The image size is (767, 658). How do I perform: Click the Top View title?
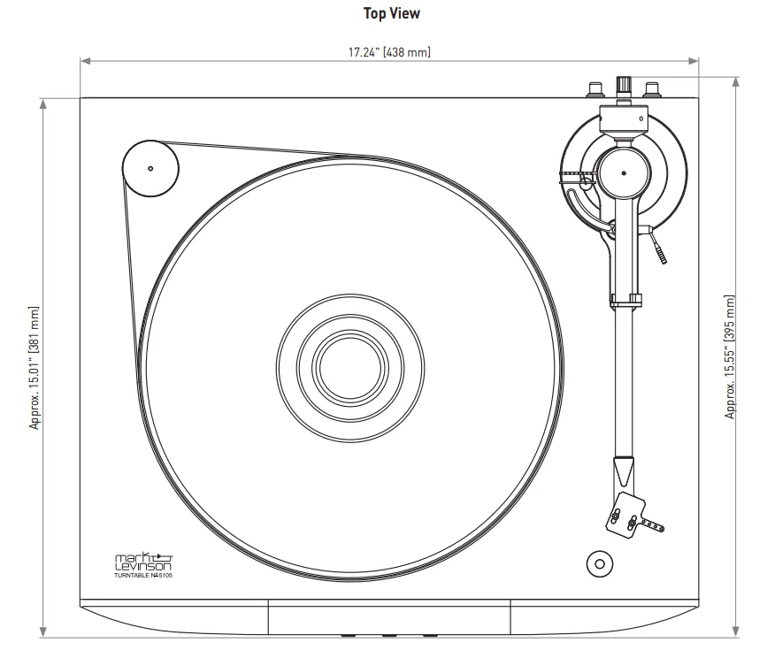click(391, 13)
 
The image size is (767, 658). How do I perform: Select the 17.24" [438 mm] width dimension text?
click(389, 52)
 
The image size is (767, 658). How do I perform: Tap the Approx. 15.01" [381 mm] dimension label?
click(35, 367)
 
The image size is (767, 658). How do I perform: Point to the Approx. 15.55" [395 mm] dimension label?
click(730, 357)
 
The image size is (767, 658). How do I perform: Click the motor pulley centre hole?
click(150, 168)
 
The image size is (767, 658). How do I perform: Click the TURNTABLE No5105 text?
click(142, 576)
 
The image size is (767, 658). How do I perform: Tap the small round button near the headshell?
click(598, 562)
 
